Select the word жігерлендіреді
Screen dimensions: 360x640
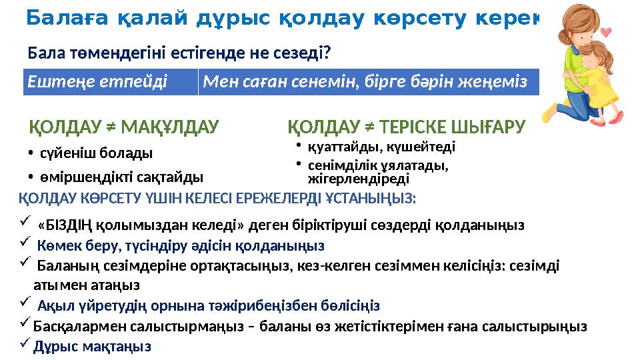(x=358, y=179)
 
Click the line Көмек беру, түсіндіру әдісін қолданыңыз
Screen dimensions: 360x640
(x=181, y=245)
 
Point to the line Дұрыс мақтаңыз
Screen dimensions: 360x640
(x=93, y=347)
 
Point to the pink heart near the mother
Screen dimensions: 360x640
(x=605, y=31)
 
